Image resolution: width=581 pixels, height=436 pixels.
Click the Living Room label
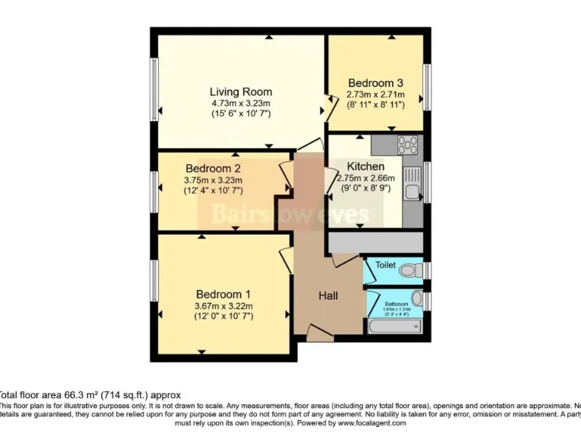coord(241,92)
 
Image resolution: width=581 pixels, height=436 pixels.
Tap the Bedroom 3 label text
coord(375,83)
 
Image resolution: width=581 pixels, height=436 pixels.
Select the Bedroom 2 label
coord(213,168)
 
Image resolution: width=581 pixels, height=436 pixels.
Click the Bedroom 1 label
coord(223,294)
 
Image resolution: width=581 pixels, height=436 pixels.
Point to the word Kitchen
coord(365,167)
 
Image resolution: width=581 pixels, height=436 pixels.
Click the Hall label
coord(328,295)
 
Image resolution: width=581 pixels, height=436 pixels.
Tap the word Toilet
coord(386,265)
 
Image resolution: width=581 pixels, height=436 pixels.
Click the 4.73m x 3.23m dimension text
coord(241,103)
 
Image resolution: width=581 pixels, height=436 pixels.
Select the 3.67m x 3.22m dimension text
coord(223,306)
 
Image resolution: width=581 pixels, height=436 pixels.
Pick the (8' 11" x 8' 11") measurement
coord(375,105)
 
